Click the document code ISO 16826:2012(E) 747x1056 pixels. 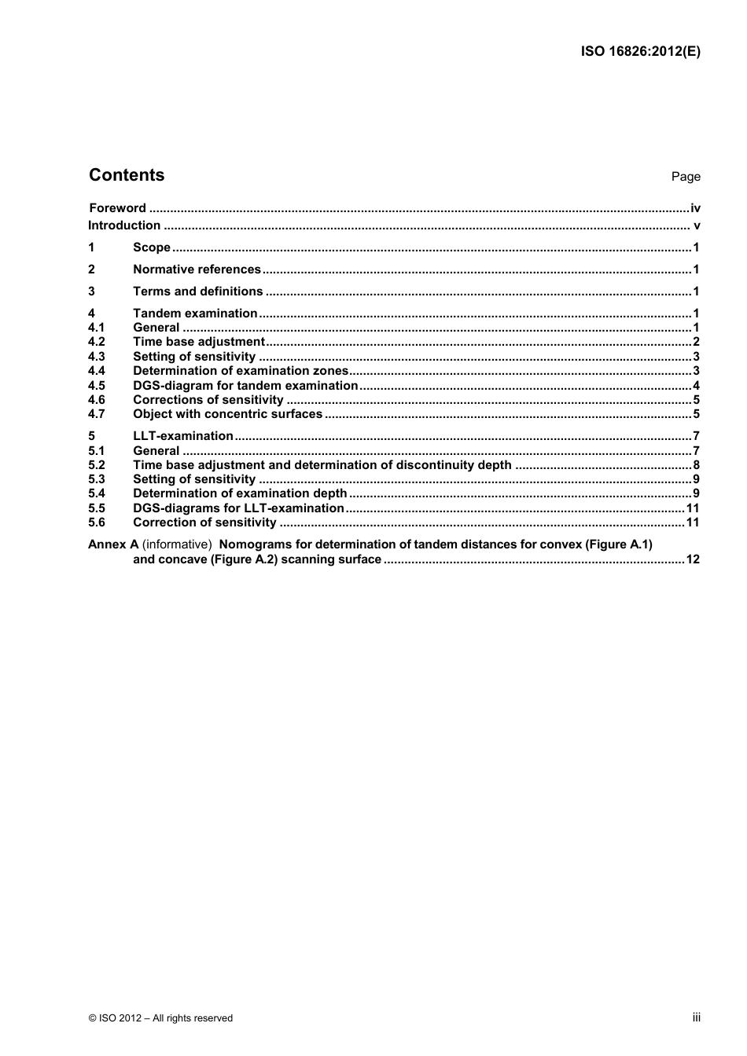point(640,52)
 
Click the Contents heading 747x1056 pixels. point(127,175)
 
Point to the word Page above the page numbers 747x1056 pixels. point(686,177)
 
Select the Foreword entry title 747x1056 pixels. point(117,208)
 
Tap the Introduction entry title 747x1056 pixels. point(124,225)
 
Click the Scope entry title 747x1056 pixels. point(152,247)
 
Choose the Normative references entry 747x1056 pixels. point(197,269)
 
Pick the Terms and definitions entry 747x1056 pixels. point(197,291)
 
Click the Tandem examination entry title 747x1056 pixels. point(195,313)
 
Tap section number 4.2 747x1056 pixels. point(97,342)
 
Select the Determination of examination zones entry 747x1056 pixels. point(240,371)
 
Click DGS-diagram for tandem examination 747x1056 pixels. point(245,386)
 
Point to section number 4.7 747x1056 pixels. point(97,414)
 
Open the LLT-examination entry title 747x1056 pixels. point(183,436)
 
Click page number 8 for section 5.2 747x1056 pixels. point(696,465)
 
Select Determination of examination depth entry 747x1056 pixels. point(240,493)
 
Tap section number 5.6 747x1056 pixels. point(97,522)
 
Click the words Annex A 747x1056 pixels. point(113,544)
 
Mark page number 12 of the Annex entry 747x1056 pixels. point(692,560)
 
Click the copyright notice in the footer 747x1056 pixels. point(161,1018)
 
